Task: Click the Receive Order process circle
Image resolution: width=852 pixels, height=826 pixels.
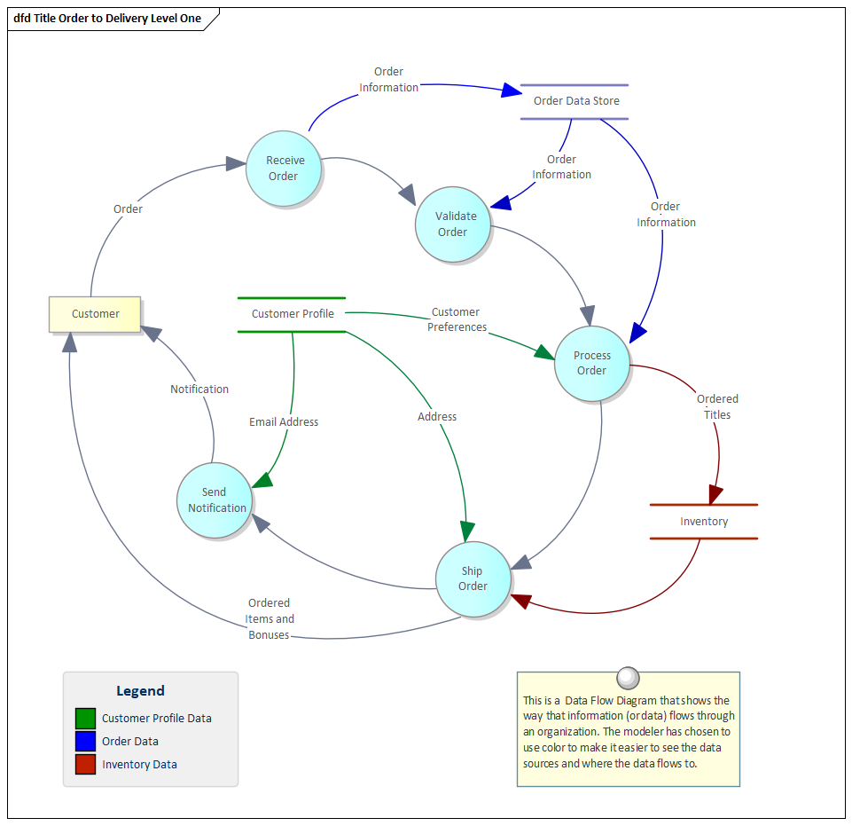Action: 283,169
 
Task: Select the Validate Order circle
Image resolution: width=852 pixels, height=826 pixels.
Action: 453,224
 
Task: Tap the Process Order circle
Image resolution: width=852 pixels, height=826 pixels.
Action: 591,363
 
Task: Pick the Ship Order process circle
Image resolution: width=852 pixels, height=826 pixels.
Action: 473,578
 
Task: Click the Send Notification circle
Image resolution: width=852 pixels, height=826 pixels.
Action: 214,500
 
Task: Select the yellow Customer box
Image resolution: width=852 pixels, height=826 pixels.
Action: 95,314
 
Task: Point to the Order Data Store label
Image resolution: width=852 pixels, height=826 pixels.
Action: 576,101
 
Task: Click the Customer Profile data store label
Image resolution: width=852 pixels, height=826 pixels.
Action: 293,314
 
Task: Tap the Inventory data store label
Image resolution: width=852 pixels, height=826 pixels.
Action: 704,522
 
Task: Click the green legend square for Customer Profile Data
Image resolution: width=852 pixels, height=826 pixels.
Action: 85,718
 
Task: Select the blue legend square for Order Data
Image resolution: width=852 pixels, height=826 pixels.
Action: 85,741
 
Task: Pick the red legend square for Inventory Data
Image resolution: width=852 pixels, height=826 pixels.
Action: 85,764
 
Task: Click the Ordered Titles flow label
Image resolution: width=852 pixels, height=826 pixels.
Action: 717,406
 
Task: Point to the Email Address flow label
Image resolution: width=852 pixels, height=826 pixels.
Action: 284,422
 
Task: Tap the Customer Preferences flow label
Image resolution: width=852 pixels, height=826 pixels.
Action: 457,319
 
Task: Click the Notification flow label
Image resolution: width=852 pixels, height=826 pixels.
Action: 199,389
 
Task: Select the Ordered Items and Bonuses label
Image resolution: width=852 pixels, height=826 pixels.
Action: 270,619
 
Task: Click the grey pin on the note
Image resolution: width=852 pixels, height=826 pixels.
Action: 628,678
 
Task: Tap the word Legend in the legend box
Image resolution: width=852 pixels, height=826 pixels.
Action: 140,691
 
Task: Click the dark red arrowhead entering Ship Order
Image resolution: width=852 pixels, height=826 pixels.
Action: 520,601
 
